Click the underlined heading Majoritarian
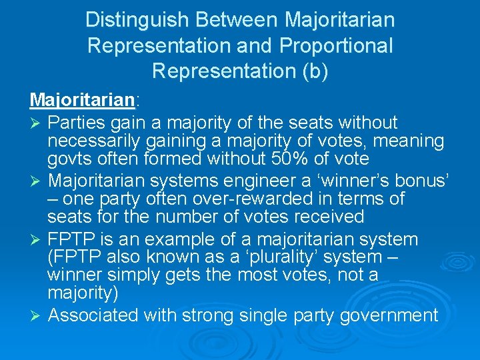point(82,100)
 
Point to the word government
point(389,315)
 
